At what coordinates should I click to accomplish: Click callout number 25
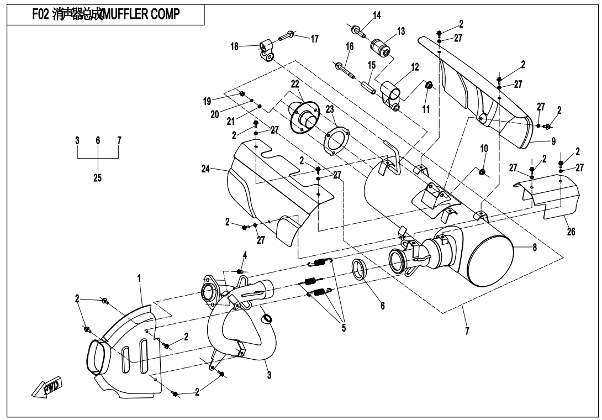97,178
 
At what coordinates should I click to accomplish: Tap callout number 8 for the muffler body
535,248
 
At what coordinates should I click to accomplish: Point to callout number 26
571,232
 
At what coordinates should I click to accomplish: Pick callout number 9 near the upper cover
553,140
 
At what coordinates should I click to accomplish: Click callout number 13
401,32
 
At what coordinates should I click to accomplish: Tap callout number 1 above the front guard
140,280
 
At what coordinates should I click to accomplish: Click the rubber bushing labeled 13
381,46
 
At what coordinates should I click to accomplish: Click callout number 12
415,67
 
